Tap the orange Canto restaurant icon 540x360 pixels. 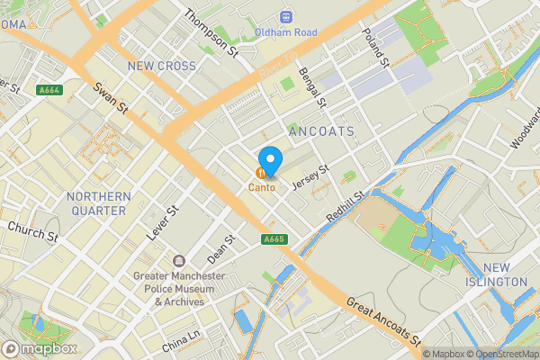(x=262, y=173)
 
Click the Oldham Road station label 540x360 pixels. (x=286, y=32)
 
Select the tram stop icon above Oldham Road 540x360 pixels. (x=286, y=16)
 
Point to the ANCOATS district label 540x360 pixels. (x=321, y=131)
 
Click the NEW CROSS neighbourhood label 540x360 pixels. (x=162, y=66)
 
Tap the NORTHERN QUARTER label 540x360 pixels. (x=96, y=203)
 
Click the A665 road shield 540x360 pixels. (x=275, y=239)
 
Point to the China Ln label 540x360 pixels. (x=181, y=340)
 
